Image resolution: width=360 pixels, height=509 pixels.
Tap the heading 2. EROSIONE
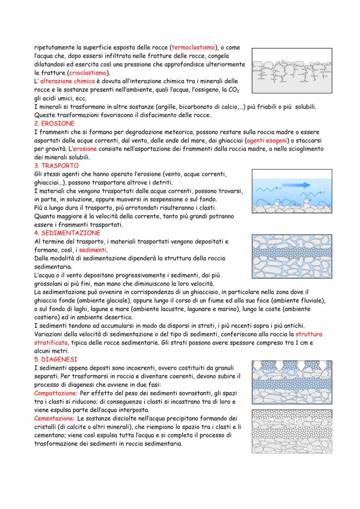tap(54, 123)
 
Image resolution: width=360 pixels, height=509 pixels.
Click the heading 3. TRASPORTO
tap(57, 166)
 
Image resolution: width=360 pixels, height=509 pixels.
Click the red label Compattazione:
tap(55, 393)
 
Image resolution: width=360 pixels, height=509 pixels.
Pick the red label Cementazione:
tap(54, 418)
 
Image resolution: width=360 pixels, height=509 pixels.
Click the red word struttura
tap(309, 334)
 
